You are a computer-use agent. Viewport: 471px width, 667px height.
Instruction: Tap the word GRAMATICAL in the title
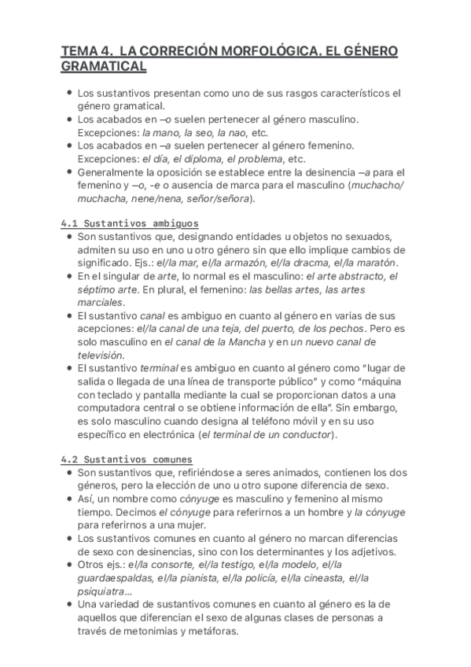tap(104, 68)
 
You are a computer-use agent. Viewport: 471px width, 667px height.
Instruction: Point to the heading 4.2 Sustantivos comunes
tap(127, 459)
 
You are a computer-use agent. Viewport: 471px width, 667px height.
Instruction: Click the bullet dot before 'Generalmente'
tap(71, 171)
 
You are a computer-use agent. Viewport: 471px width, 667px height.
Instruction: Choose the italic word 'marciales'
tap(101, 302)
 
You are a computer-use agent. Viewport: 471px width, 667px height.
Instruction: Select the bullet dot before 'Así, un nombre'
tap(71, 499)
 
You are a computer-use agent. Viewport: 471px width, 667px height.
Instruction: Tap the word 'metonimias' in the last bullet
tap(143, 631)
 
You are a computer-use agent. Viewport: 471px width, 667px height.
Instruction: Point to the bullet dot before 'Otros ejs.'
tap(71, 565)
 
